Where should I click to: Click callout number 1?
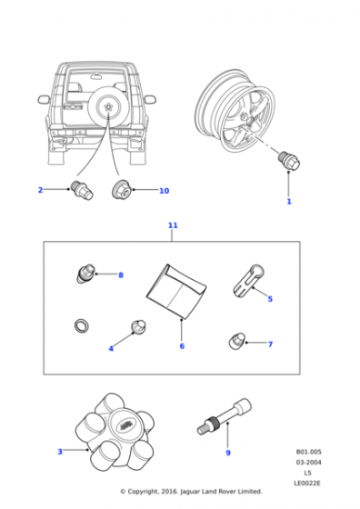click(289, 202)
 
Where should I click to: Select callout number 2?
click(40, 190)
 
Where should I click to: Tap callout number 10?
click(164, 191)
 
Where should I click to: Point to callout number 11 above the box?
click(173, 225)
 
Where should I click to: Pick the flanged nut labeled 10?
click(121, 189)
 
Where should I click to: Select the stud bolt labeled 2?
click(82, 190)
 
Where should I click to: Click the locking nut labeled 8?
click(85, 274)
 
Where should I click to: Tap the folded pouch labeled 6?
click(175, 291)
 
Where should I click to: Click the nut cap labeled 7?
click(236, 342)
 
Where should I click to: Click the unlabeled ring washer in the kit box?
click(82, 325)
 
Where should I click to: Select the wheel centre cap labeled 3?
click(115, 433)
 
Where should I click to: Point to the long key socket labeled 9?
click(225, 416)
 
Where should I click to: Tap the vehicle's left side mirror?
click(44, 99)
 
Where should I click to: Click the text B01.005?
click(308, 452)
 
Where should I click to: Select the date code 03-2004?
click(308, 463)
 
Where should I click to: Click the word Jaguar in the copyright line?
click(190, 492)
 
